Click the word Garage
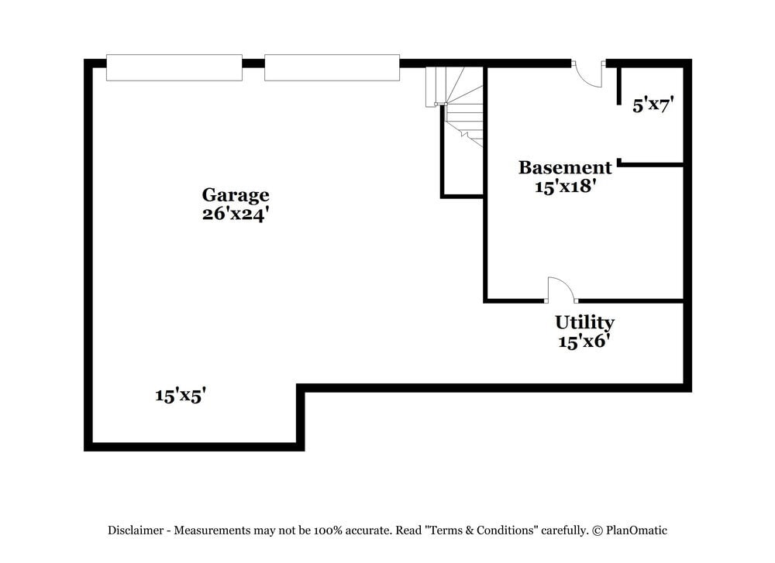236,195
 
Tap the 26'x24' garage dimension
236,214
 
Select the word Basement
565,167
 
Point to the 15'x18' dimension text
565,186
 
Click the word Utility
584,322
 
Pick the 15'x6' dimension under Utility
584,341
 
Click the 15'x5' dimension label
180,395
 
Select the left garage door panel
174,67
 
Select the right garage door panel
332,67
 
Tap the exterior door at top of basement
587,74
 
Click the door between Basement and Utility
561,290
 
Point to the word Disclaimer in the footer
136,530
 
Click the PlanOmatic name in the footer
636,530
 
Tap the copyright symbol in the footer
598,530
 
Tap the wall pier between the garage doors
253,64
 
